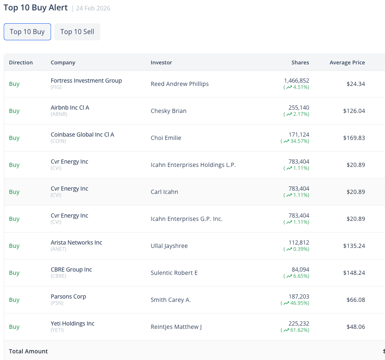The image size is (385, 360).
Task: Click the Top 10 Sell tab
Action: tap(77, 32)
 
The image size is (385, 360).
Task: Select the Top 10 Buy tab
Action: tap(27, 32)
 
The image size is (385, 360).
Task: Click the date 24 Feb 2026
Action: tap(93, 8)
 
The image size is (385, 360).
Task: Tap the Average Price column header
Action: tap(347, 63)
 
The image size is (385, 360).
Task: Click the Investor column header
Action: tap(161, 63)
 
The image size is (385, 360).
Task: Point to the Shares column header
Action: tap(300, 63)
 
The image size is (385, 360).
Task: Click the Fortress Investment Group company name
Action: tap(86, 81)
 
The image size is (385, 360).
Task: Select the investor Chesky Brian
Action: tap(168, 111)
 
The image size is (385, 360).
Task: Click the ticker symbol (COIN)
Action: tap(58, 141)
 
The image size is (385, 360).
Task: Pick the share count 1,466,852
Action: tap(296, 81)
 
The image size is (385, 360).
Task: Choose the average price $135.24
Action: tap(354, 246)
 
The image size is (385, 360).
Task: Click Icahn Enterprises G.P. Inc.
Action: tap(186, 219)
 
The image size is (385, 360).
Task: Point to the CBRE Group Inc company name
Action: tap(71, 269)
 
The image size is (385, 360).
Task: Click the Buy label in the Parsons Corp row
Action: tap(14, 300)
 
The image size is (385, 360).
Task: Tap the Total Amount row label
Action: tap(28, 351)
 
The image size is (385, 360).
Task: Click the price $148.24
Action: tap(354, 273)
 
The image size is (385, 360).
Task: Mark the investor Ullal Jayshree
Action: tap(169, 246)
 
